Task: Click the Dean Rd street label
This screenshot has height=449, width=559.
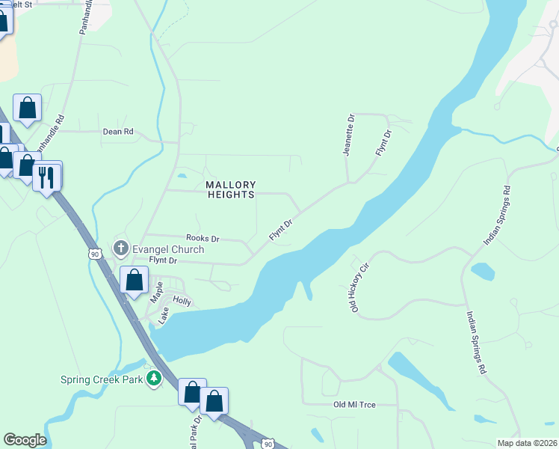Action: click(x=118, y=132)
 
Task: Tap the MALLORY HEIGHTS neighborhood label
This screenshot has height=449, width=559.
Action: click(x=231, y=189)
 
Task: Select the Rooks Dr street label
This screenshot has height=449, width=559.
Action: click(x=203, y=239)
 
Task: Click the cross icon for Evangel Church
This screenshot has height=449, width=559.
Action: click(x=121, y=248)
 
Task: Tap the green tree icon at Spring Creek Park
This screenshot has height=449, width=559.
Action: click(x=154, y=379)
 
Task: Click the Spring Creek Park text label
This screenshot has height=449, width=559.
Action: click(x=102, y=379)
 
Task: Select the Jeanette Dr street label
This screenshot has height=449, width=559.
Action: click(x=348, y=135)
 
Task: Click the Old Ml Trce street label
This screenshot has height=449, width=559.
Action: click(x=354, y=405)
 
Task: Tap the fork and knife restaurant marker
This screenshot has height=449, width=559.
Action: click(x=46, y=177)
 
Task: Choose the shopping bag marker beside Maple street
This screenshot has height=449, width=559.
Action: click(x=135, y=281)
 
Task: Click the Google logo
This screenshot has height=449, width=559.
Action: click(x=25, y=440)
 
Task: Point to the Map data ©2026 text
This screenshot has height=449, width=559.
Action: click(x=527, y=443)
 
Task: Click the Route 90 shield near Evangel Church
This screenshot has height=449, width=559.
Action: click(x=94, y=254)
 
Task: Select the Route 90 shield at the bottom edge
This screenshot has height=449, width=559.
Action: click(x=268, y=444)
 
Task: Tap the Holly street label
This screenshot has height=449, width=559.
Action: click(x=182, y=302)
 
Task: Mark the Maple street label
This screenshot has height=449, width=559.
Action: click(x=156, y=291)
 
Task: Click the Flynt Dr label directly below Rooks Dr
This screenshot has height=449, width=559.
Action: click(x=162, y=260)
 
